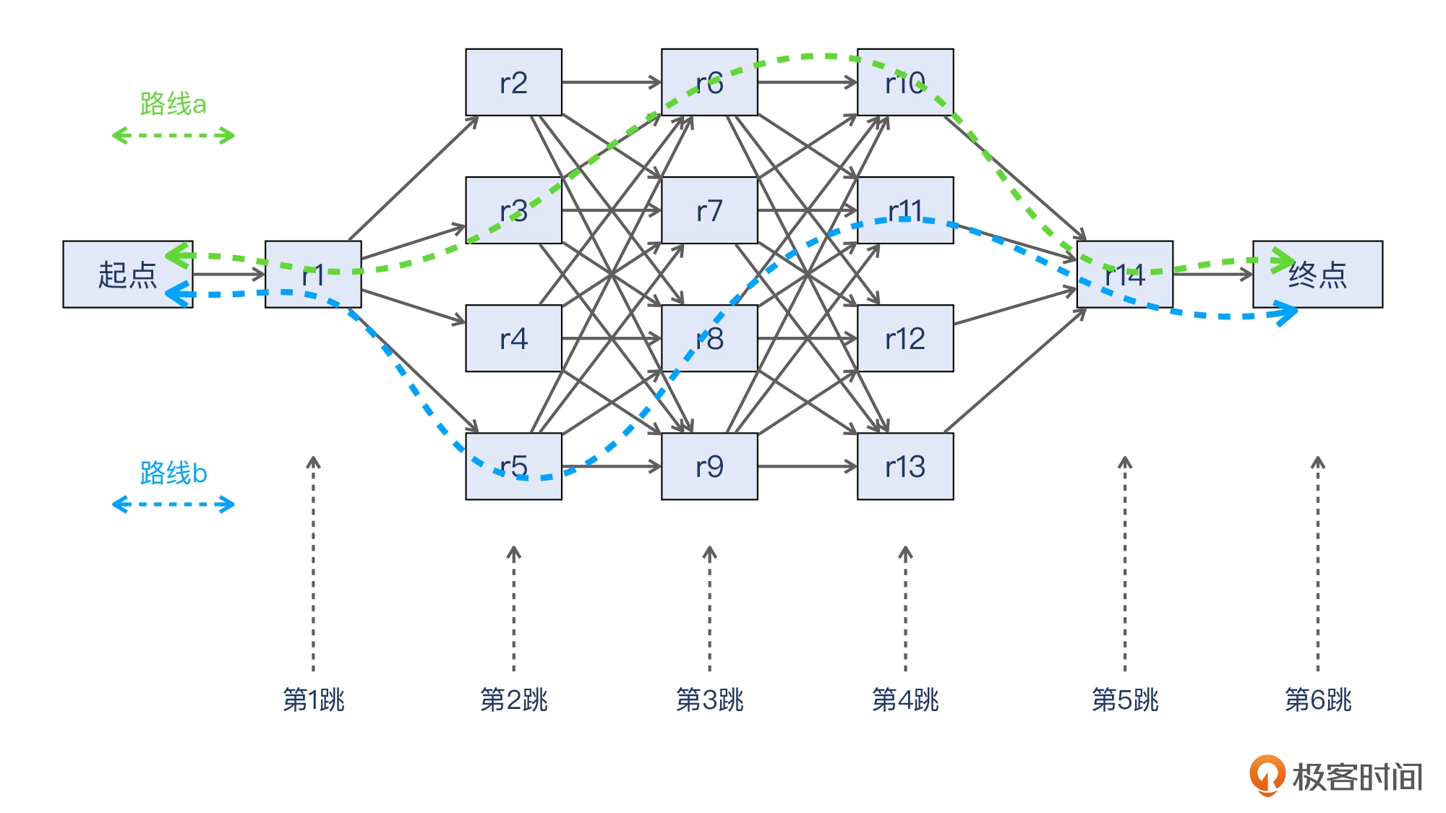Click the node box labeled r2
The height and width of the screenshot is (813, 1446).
513,82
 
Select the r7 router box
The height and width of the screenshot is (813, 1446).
709,210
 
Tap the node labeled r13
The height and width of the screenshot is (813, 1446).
905,466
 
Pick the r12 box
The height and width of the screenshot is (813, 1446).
905,338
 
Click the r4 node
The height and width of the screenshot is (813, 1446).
513,338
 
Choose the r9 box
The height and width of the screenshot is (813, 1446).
709,466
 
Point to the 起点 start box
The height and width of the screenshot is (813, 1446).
127,275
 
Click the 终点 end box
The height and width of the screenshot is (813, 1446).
1317,275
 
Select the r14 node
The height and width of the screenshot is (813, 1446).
1124,275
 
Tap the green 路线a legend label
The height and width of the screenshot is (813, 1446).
173,104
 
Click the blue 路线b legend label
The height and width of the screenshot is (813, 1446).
173,473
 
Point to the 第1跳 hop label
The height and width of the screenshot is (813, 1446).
313,700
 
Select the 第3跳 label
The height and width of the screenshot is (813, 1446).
709,700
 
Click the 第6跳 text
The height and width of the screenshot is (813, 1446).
1317,700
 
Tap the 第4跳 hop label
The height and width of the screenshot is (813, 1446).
905,700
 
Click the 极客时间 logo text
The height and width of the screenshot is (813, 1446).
1356,778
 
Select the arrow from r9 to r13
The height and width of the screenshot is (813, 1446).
807,466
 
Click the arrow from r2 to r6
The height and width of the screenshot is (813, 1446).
611,82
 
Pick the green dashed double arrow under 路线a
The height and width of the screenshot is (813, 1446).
173,135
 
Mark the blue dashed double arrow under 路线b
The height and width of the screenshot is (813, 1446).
173,504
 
